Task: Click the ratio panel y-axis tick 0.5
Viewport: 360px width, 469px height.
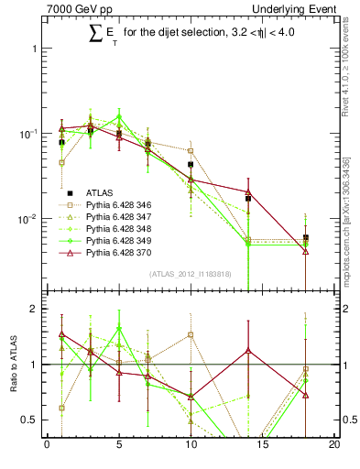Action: tap(31, 420)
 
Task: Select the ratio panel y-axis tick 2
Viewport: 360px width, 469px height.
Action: tap(36, 309)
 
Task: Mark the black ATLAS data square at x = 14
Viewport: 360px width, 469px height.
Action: tap(248, 198)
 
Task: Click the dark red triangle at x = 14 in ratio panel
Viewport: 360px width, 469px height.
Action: tap(248, 350)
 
